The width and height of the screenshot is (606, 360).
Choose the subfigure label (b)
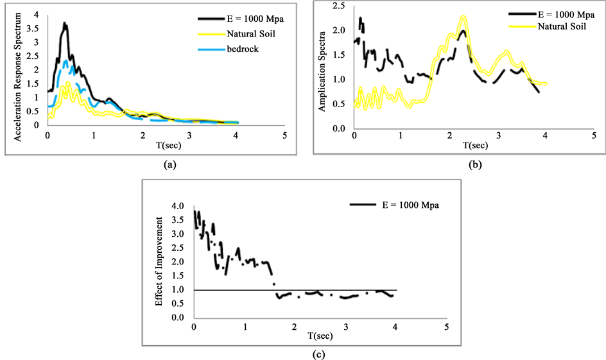[x=476, y=165]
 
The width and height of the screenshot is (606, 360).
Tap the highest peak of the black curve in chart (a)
[x=65, y=24]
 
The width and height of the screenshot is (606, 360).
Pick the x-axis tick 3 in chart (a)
[x=189, y=136]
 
